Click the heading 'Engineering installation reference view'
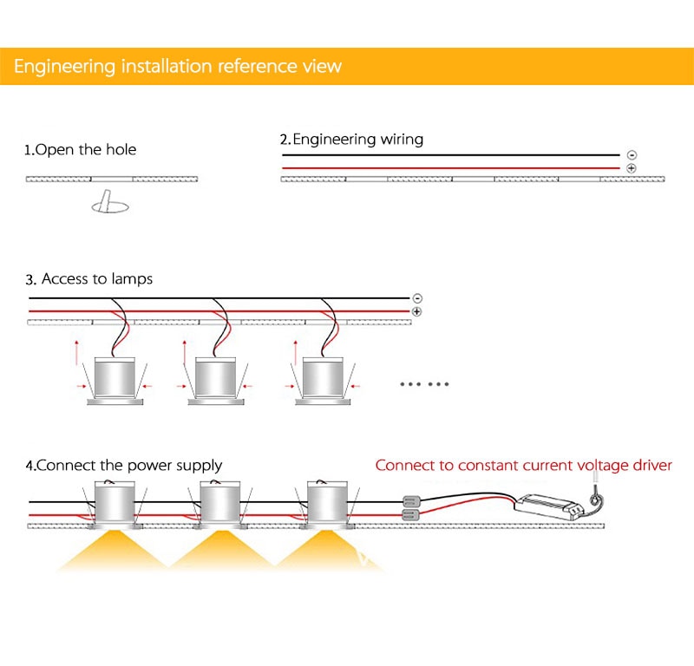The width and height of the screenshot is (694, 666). click(x=178, y=67)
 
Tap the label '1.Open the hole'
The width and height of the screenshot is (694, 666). click(x=80, y=149)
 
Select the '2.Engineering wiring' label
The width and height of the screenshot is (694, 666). click(x=351, y=140)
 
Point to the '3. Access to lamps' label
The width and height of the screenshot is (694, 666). click(x=89, y=279)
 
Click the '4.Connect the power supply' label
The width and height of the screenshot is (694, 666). click(x=124, y=466)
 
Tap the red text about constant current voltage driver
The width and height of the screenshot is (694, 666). click(x=524, y=466)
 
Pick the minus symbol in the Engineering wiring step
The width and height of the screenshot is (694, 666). click(x=632, y=155)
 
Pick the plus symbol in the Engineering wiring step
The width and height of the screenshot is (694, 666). click(x=632, y=168)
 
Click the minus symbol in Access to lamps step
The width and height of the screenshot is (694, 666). click(x=417, y=298)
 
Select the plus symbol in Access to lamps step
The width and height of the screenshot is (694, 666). click(x=417, y=311)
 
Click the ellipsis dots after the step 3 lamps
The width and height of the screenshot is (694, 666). click(x=424, y=384)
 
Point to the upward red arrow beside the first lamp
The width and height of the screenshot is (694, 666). click(x=76, y=353)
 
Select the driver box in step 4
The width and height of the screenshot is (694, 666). click(x=548, y=506)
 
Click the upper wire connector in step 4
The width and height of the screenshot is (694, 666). click(x=410, y=501)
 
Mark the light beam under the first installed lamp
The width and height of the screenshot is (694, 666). click(x=113, y=551)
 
